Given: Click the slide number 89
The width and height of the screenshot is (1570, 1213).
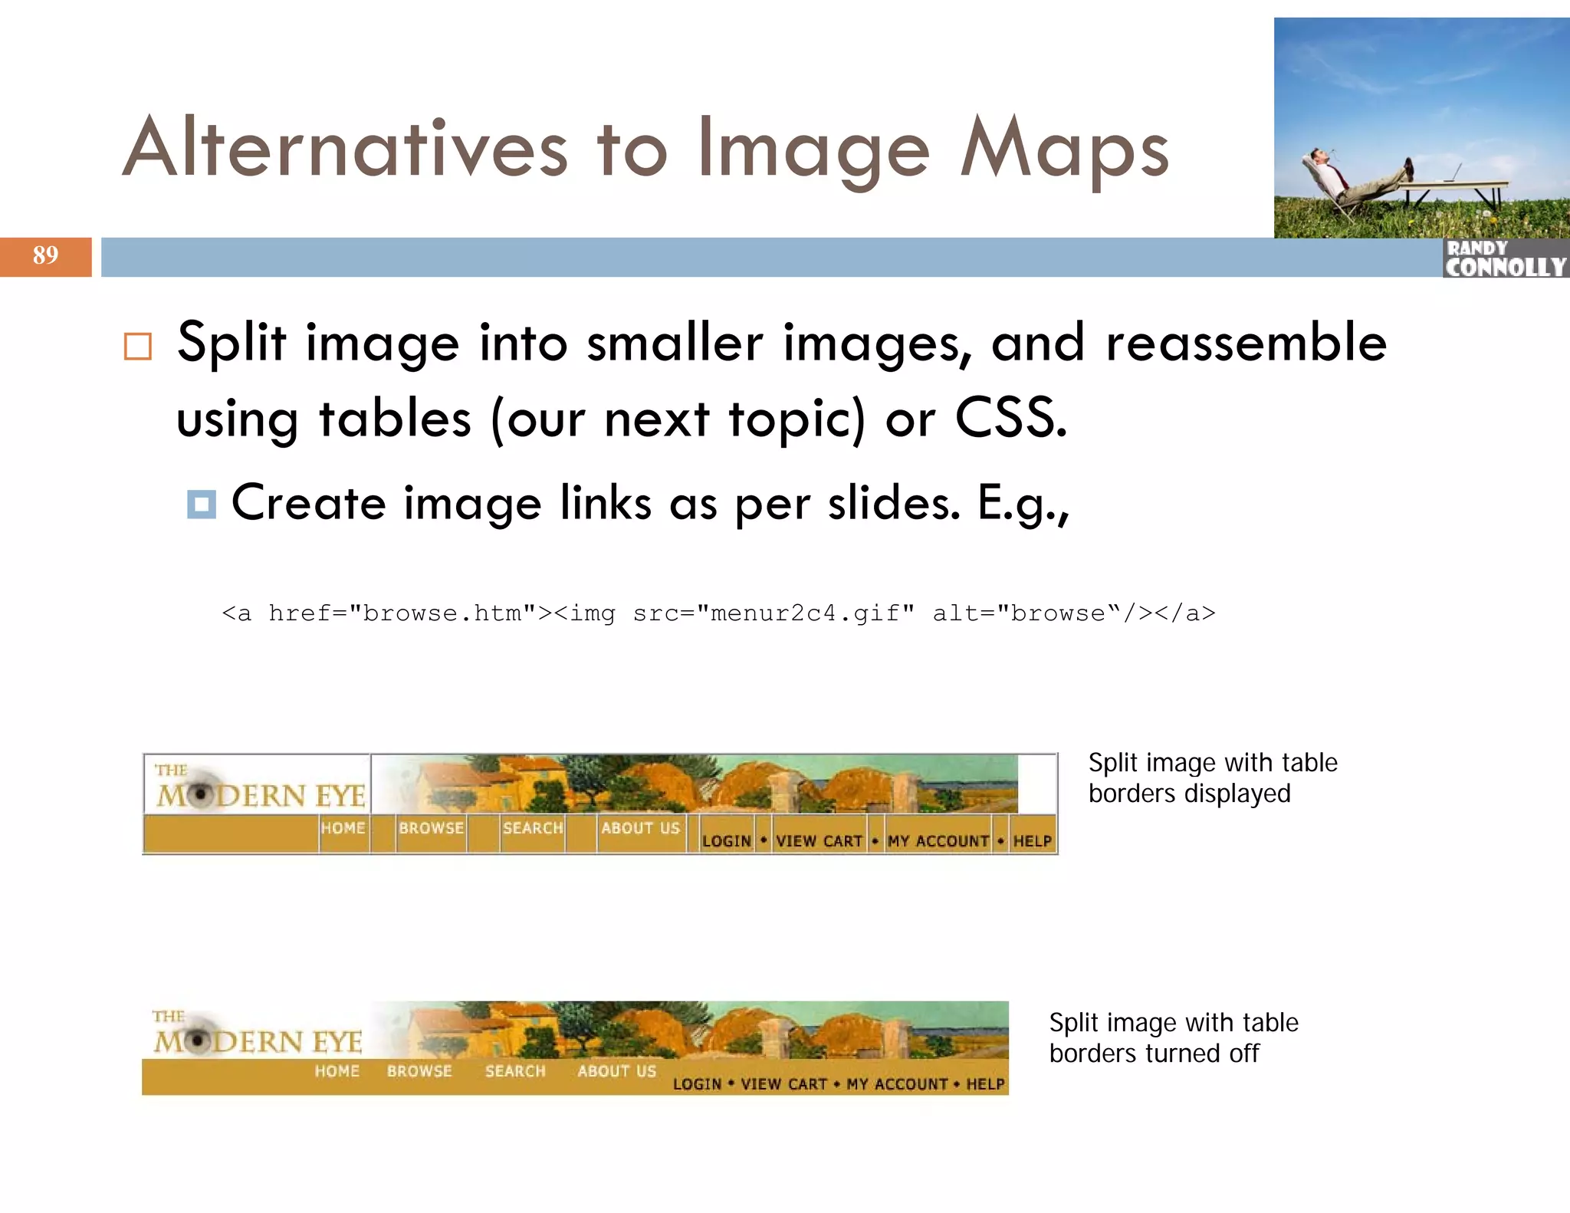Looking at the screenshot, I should (45, 255).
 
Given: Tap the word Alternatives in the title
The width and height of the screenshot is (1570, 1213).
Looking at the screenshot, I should (345, 148).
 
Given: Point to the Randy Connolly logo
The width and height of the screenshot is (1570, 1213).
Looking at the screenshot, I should (1506, 258).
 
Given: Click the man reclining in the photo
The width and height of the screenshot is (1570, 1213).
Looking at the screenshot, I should (1349, 180).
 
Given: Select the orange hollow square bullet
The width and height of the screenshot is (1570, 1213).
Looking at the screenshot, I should (138, 347).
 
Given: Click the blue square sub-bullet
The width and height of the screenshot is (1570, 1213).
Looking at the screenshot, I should (202, 505).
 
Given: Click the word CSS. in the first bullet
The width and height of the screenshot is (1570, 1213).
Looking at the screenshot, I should (1010, 419).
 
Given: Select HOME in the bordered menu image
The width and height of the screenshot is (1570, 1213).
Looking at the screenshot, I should (343, 828).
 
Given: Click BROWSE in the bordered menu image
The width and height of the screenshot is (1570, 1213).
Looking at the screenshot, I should (431, 828).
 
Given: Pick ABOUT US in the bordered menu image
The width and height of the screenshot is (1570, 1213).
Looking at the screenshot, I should (640, 828).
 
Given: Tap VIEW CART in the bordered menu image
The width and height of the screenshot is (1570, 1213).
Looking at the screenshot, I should (819, 841).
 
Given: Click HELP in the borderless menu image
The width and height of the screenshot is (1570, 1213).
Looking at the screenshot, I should (985, 1084).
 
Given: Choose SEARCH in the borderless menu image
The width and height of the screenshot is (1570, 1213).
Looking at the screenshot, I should (515, 1071).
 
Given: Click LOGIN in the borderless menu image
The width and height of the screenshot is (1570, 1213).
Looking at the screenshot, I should (697, 1084).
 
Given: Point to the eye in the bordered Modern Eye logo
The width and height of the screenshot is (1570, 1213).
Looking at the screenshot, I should (200, 795).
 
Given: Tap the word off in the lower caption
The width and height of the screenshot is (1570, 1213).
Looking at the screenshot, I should (1243, 1054).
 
